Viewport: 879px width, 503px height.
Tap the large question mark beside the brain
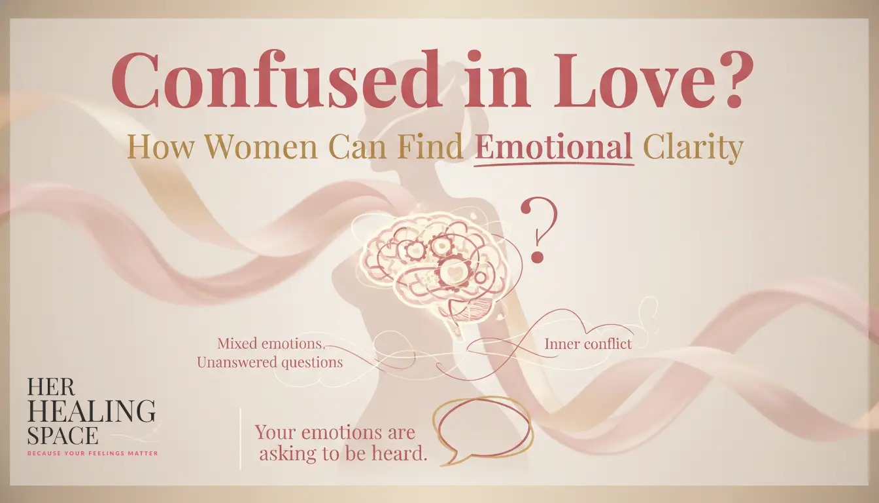[539, 230]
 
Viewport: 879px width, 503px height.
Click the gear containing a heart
[451, 272]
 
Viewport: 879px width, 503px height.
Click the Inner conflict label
[588, 345]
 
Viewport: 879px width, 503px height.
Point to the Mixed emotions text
[271, 344]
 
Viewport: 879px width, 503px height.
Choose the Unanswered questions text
[270, 362]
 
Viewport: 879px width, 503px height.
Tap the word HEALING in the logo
[91, 411]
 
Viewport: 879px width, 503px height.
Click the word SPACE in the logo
[62, 436]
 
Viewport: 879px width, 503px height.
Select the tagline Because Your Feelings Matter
[93, 453]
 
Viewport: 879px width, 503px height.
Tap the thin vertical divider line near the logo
[240, 439]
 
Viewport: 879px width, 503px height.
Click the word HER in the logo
[50, 387]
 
